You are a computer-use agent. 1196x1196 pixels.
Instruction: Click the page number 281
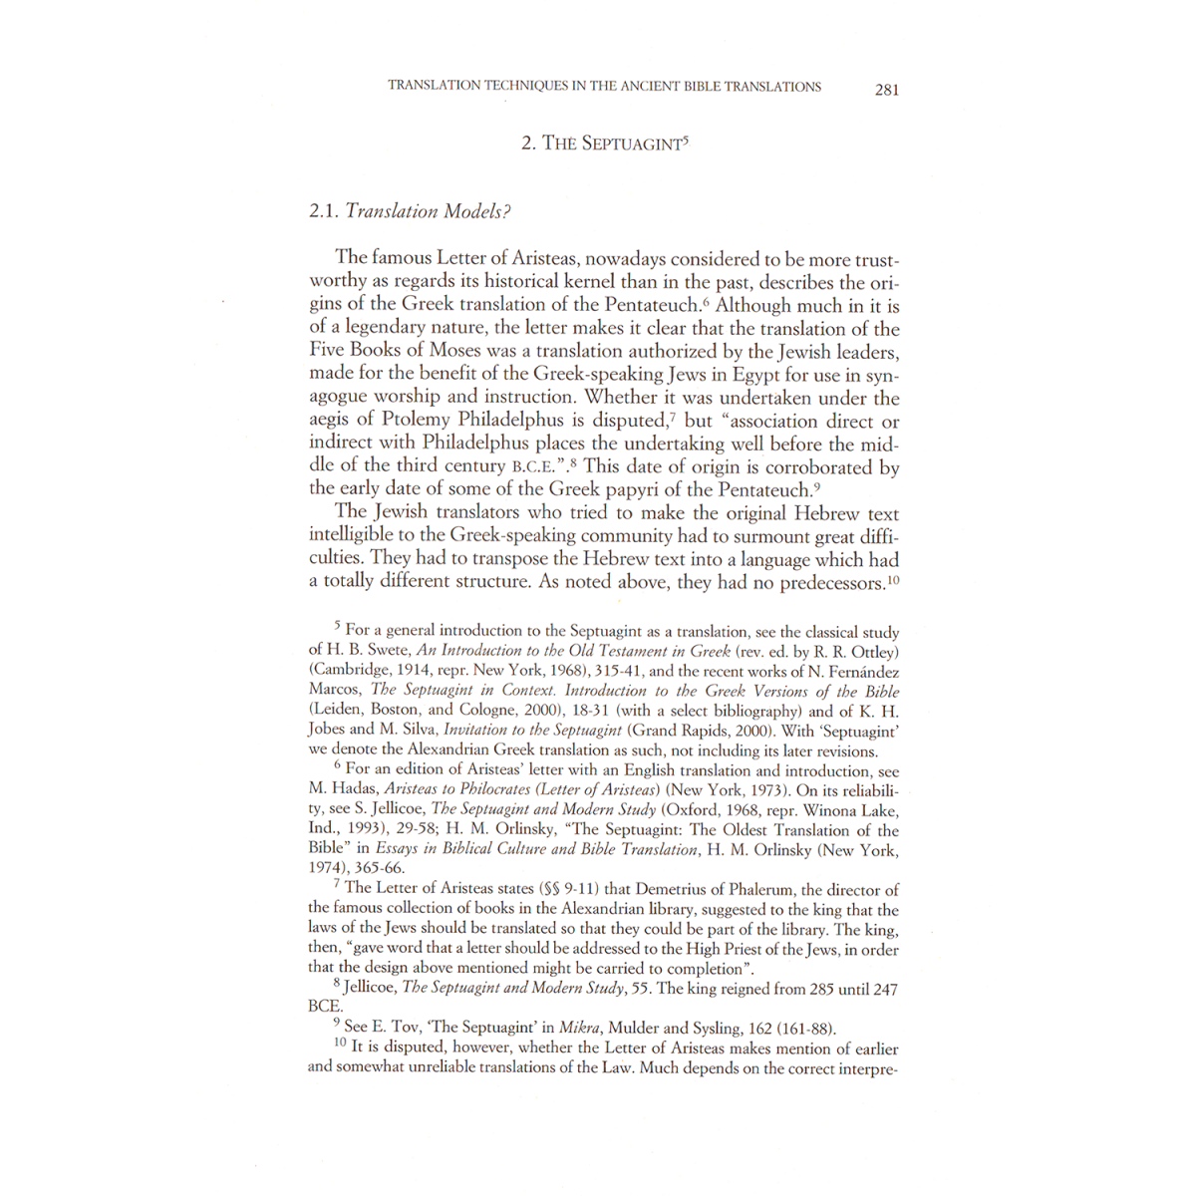click(886, 89)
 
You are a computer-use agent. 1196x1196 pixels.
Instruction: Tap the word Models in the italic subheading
click(475, 211)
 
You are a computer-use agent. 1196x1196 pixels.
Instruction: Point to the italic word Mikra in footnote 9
click(579, 1029)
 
